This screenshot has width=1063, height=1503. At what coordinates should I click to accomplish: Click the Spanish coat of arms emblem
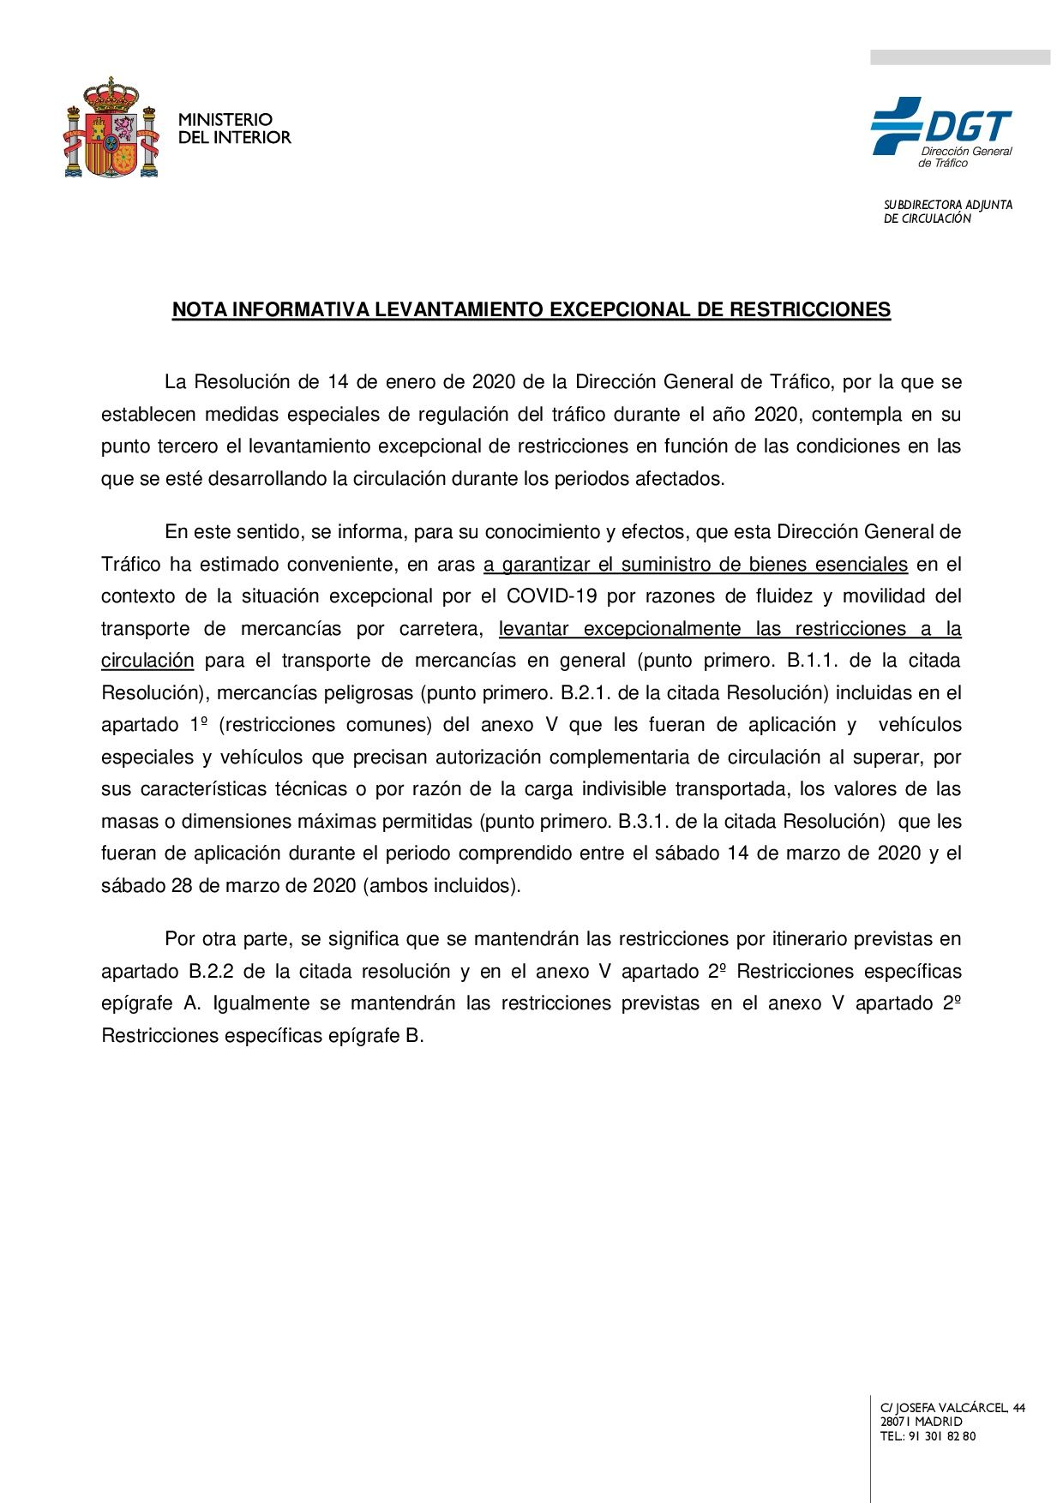click(111, 128)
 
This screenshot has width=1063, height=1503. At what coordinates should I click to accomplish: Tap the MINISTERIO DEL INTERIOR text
click(234, 129)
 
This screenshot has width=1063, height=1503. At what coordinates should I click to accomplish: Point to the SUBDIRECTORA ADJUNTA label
click(947, 205)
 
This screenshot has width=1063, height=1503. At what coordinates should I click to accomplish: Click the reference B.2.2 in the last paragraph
click(211, 972)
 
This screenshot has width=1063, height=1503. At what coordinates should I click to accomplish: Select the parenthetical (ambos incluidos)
click(443, 886)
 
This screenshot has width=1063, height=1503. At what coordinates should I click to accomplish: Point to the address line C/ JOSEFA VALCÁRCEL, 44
click(952, 1408)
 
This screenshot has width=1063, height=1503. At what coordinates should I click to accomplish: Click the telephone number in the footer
click(942, 1436)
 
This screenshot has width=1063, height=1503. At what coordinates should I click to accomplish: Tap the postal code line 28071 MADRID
click(921, 1422)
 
